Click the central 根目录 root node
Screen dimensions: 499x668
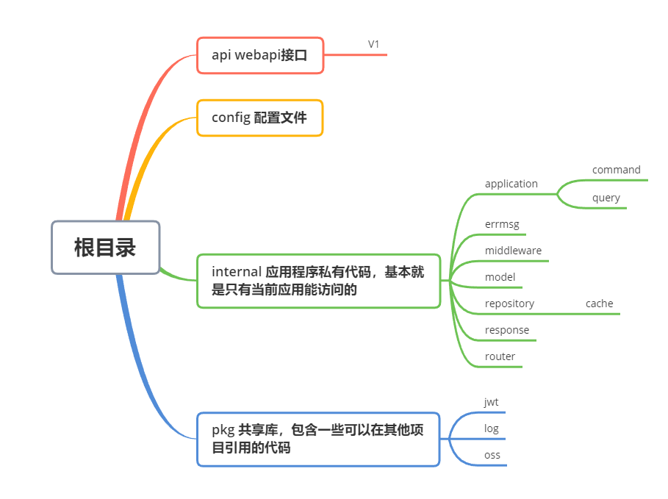click(x=105, y=248)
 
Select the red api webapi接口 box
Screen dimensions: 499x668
click(x=260, y=55)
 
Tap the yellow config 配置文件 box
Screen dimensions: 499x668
click(x=260, y=118)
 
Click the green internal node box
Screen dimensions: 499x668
click(x=318, y=281)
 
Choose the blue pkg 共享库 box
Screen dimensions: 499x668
click(x=318, y=439)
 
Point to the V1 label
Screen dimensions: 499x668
click(x=374, y=45)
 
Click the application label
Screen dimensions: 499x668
click(x=511, y=184)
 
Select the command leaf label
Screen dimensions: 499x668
click(x=617, y=170)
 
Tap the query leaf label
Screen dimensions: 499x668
click(x=606, y=198)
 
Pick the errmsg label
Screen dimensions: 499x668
click(x=503, y=224)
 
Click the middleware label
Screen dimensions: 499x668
click(x=513, y=251)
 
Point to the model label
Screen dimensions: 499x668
click(x=500, y=277)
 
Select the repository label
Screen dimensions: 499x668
click(x=509, y=304)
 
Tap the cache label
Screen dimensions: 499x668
click(x=599, y=304)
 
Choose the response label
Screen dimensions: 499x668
click(x=507, y=330)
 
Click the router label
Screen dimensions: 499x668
click(x=500, y=356)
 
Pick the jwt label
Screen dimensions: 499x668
click(x=491, y=402)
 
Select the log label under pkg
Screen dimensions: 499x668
click(x=492, y=428)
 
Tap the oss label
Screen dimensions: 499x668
click(x=492, y=455)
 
